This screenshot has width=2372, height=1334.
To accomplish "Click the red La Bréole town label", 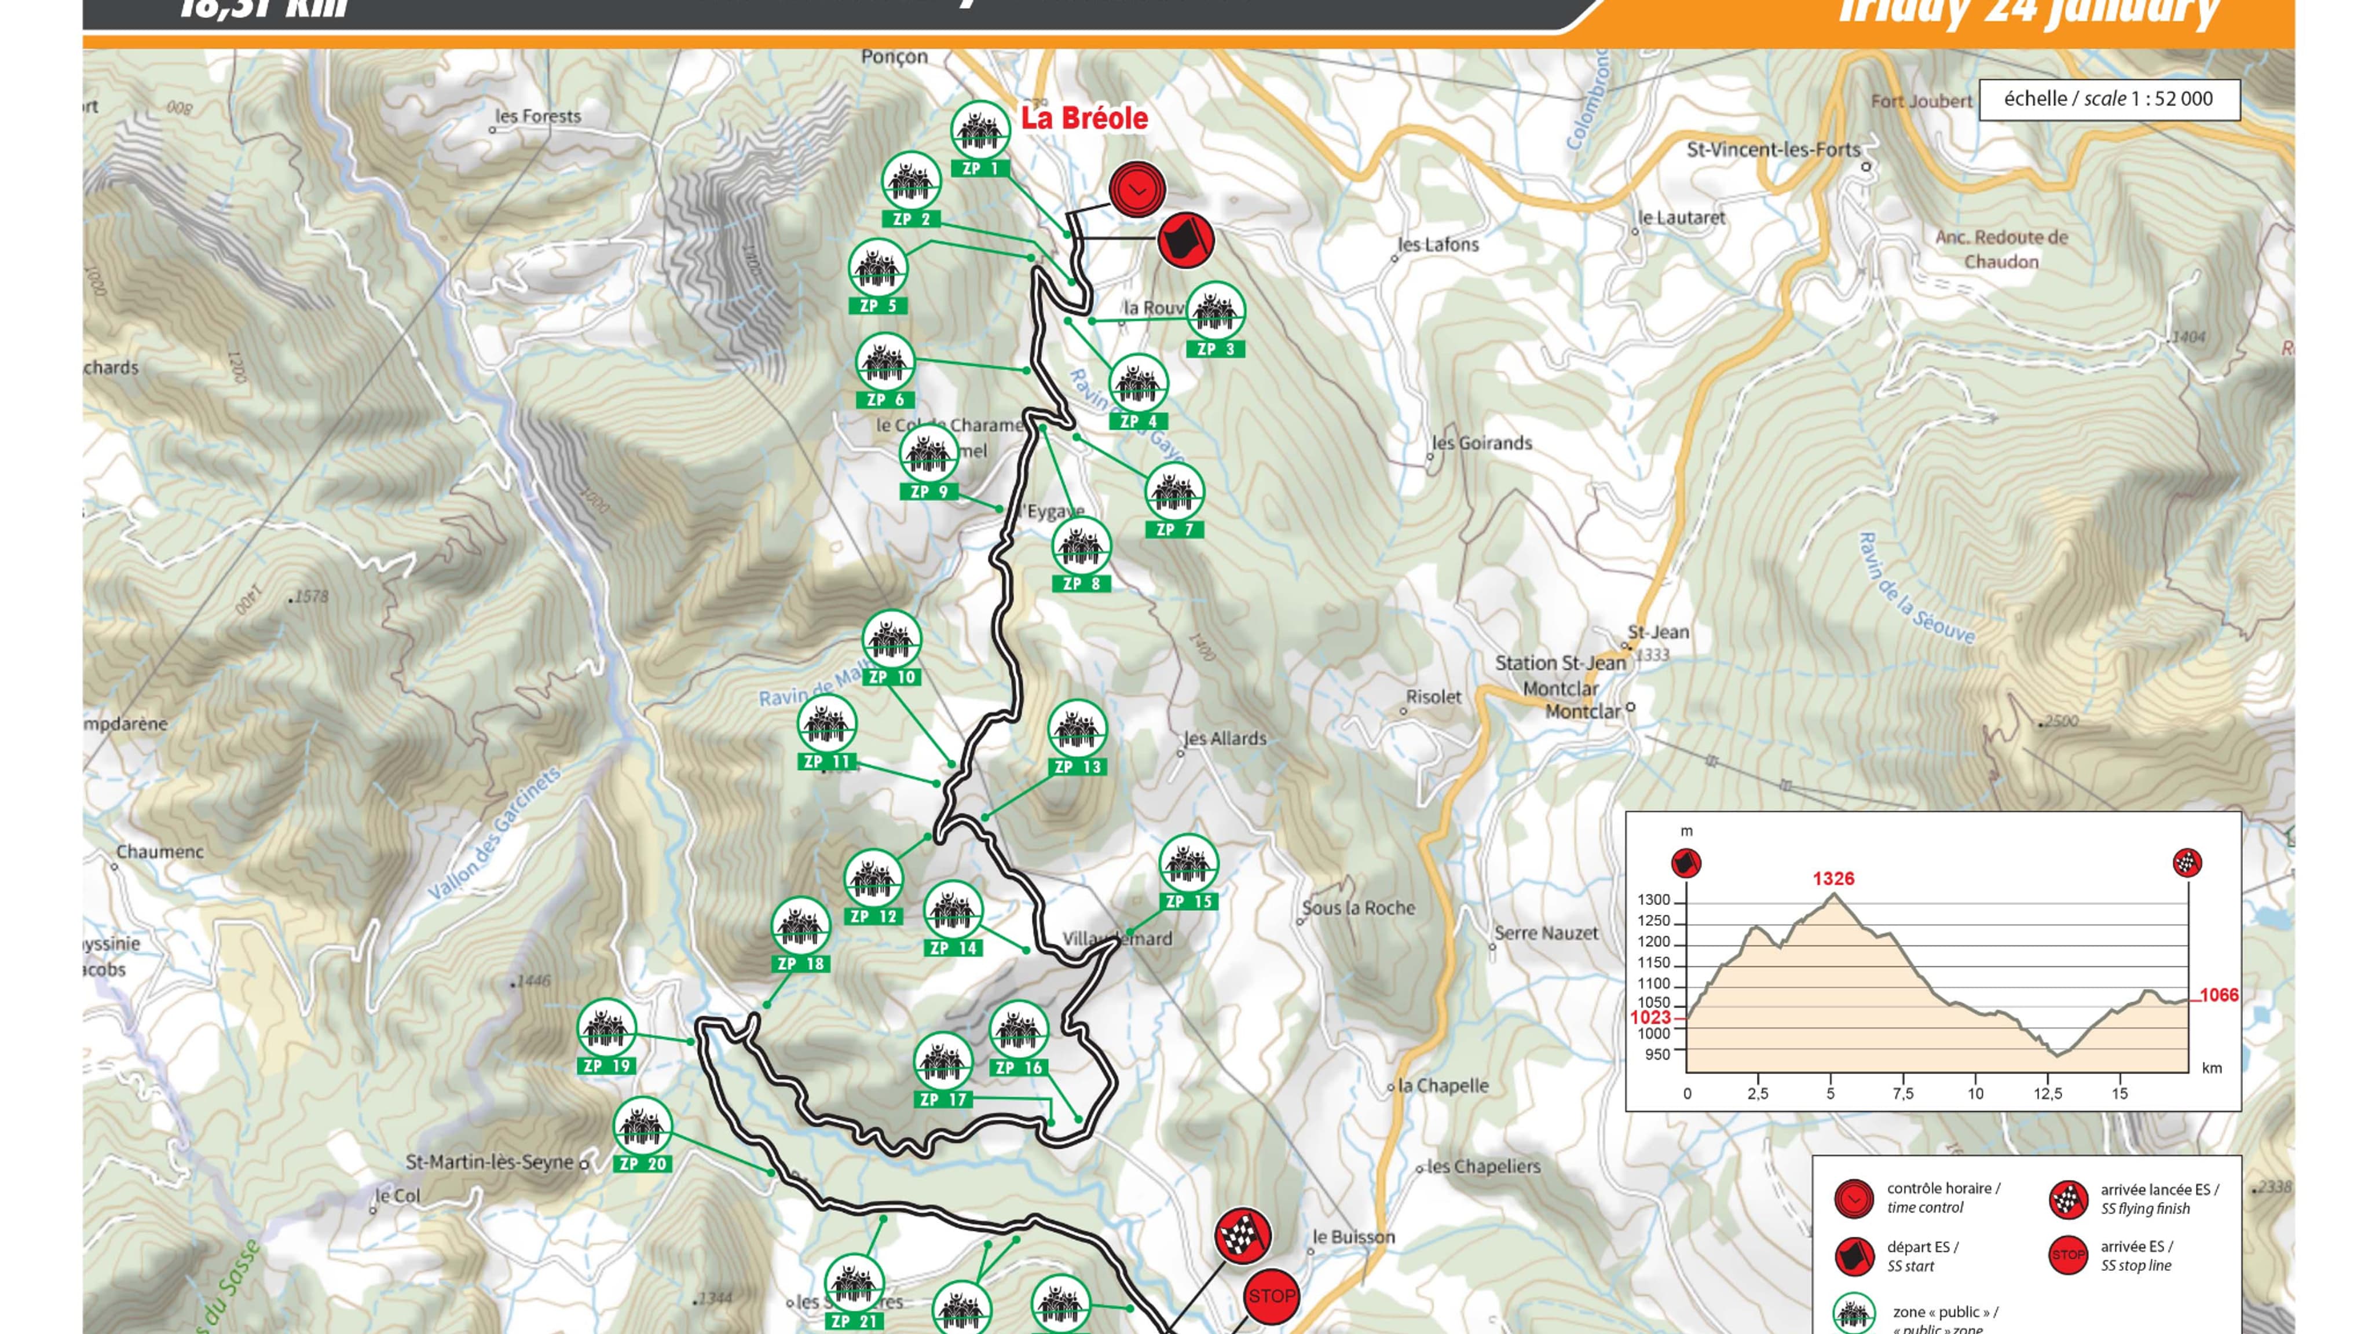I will [x=1084, y=118].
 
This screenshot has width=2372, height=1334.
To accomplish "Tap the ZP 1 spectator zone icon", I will [x=980, y=131].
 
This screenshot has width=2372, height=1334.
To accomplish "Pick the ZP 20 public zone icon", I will [x=642, y=1126].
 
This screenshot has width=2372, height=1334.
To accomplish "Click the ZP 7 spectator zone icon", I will [x=1174, y=493].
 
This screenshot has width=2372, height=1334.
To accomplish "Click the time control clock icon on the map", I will [x=1137, y=190].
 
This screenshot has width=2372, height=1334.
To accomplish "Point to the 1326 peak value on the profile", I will [x=1832, y=878].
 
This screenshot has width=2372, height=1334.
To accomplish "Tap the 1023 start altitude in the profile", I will [x=1650, y=1017].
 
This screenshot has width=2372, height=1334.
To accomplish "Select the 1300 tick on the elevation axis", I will [x=1653, y=899].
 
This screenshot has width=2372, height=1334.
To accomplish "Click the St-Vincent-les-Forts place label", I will [x=1773, y=149].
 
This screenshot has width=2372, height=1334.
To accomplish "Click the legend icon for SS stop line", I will [x=2067, y=1255].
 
